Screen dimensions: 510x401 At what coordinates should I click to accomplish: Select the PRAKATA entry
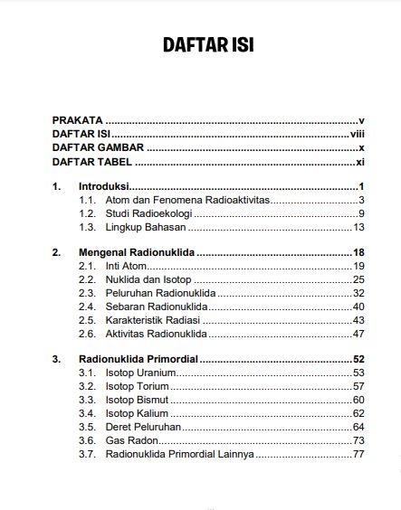point(77,119)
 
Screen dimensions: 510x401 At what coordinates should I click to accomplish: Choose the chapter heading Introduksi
point(104,186)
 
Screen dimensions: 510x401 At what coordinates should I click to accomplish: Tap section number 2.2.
point(87,279)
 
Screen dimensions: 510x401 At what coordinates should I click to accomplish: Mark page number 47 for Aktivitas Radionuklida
point(358,334)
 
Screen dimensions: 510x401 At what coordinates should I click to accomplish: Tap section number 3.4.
point(87,413)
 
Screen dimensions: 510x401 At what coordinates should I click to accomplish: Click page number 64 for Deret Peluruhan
point(358,427)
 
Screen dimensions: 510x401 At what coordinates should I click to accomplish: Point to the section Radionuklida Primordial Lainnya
point(179,454)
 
